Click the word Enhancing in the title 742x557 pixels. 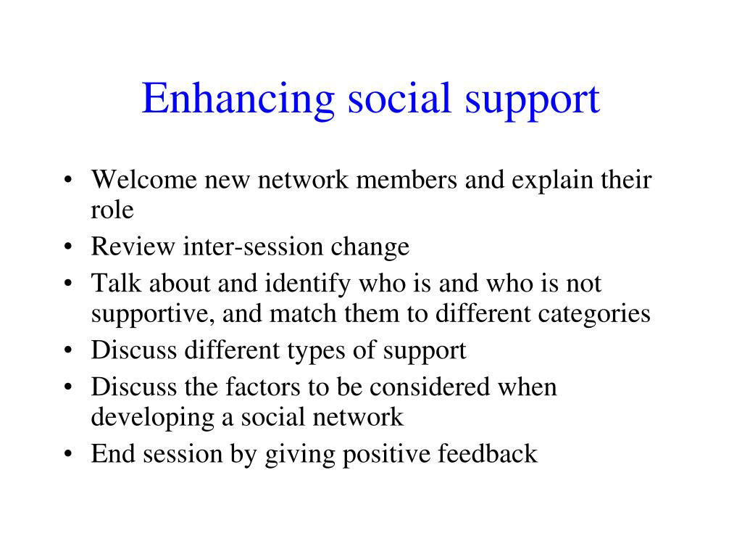coord(238,100)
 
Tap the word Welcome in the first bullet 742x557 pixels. coord(144,180)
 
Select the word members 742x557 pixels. coord(407,180)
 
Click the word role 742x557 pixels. coord(112,210)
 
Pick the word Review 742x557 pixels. coord(133,247)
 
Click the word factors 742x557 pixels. coord(262,387)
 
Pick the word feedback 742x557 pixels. coord(488,453)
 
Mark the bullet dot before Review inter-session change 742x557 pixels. coord(68,247)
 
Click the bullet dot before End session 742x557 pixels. coord(68,454)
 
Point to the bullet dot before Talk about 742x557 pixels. coord(68,284)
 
